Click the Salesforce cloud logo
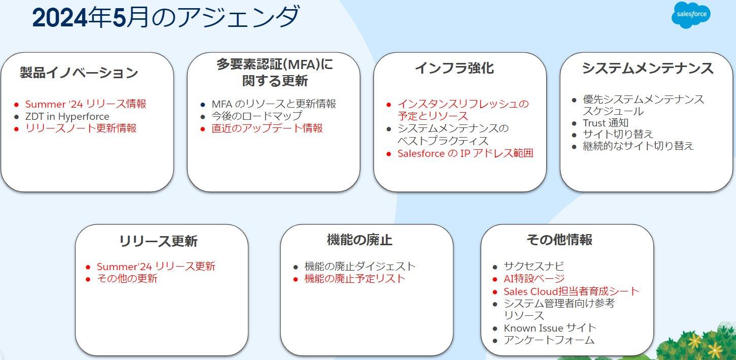pyautogui.click(x=691, y=15)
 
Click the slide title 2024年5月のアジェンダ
pyautogui.click(x=165, y=18)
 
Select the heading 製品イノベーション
pyautogui.click(x=79, y=73)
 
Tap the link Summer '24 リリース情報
pyautogui.click(x=86, y=104)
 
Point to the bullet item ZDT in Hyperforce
pyautogui.click(x=67, y=116)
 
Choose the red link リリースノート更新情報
pyautogui.click(x=81, y=128)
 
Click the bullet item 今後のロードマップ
pyautogui.click(x=257, y=116)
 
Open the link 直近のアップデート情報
pyautogui.click(x=267, y=128)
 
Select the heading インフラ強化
pyautogui.click(x=454, y=68)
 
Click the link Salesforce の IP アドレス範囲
pyautogui.click(x=465, y=153)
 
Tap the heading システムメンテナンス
pyautogui.click(x=647, y=68)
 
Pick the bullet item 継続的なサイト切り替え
pyautogui.click(x=638, y=146)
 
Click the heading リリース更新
pyautogui.click(x=158, y=241)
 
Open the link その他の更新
pyautogui.click(x=127, y=279)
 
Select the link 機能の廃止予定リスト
pyautogui.click(x=355, y=279)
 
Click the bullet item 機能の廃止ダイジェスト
pyautogui.click(x=360, y=267)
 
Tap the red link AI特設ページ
pyautogui.click(x=534, y=279)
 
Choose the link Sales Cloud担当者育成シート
pyautogui.click(x=571, y=291)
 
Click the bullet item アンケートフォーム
pyautogui.click(x=549, y=340)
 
